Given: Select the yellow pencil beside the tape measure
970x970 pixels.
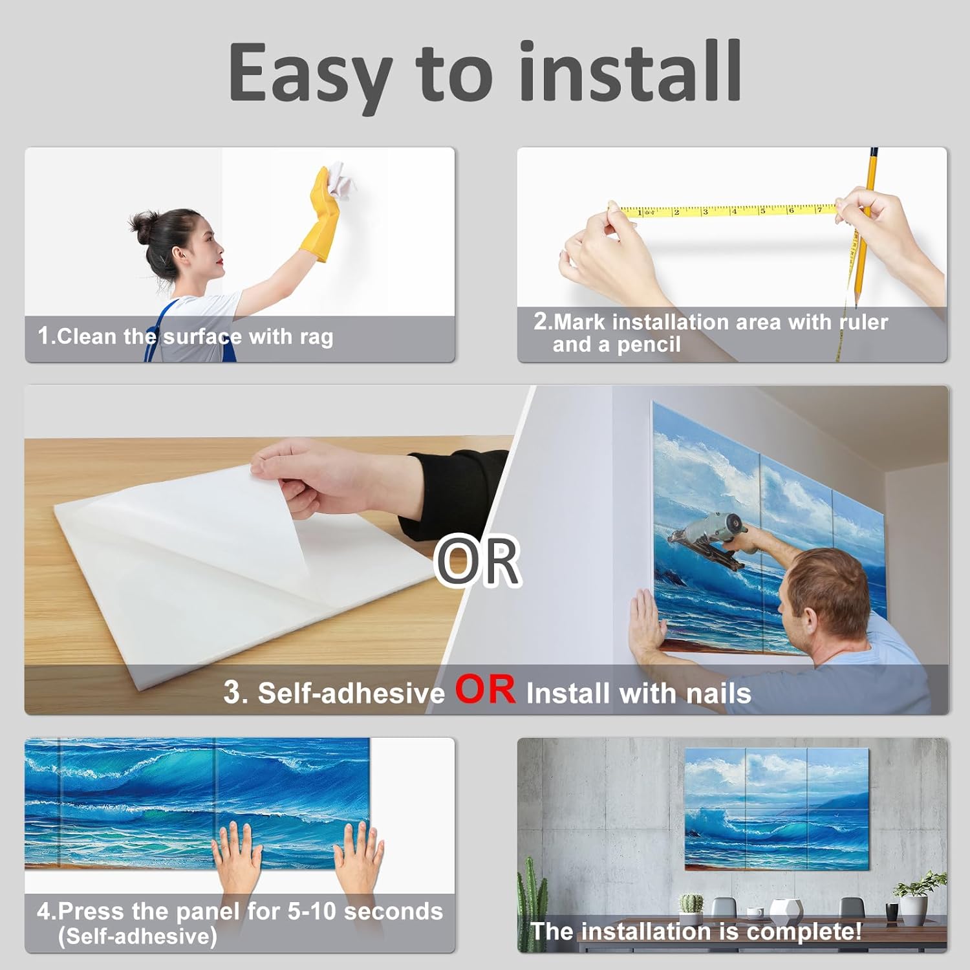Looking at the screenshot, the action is coord(865,226).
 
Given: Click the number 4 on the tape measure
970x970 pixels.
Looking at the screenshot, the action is coord(733,211).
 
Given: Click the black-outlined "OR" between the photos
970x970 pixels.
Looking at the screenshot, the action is coord(478,561).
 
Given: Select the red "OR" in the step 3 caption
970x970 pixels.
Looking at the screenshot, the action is coord(485,689).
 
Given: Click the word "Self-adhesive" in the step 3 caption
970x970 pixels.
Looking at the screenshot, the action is coord(351,693).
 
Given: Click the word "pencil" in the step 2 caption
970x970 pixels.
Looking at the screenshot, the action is coord(649,345).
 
